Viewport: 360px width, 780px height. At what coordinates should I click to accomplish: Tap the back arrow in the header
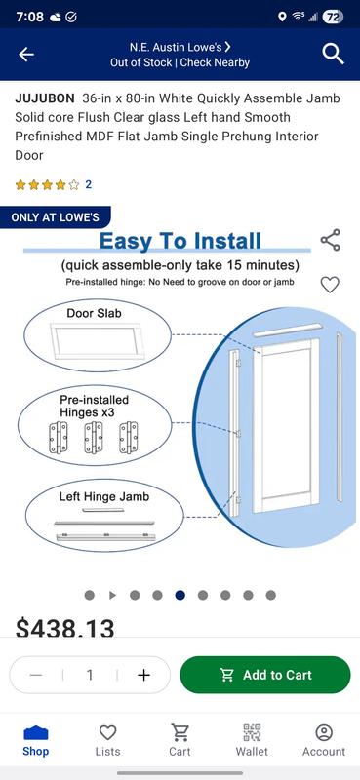(x=26, y=55)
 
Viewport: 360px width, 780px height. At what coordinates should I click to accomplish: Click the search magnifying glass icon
(x=334, y=55)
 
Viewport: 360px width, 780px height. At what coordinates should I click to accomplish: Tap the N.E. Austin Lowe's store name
(x=180, y=46)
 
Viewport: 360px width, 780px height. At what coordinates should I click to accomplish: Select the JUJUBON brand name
(x=45, y=98)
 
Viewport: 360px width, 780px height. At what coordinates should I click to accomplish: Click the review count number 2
(x=89, y=184)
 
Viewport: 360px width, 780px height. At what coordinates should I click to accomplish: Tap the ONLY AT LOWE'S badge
(x=55, y=217)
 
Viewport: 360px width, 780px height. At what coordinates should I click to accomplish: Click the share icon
(x=331, y=240)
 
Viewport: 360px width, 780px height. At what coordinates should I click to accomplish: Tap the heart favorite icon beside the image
(x=330, y=285)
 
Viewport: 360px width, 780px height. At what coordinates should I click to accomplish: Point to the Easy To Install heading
(x=180, y=241)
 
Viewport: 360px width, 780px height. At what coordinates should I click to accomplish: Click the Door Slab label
(x=94, y=314)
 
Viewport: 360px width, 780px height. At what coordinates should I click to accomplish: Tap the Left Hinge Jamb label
(x=104, y=497)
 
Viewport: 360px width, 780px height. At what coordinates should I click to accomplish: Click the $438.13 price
(x=65, y=629)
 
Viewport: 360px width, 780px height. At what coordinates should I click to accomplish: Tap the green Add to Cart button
(x=265, y=675)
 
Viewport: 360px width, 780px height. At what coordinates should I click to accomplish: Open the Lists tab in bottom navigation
(x=108, y=740)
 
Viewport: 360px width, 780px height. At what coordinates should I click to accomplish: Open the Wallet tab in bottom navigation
(x=252, y=740)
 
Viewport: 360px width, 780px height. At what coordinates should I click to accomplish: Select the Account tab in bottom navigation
(x=324, y=740)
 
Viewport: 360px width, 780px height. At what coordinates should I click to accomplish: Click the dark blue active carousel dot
(x=180, y=595)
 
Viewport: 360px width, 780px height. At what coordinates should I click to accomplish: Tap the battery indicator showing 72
(x=332, y=17)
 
